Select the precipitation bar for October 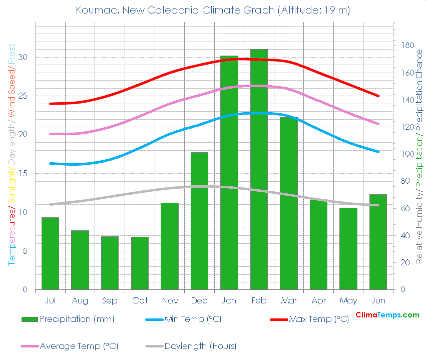pyautogui.click(x=140, y=263)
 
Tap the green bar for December pyautogui.click(x=199, y=221)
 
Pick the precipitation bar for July pyautogui.click(x=50, y=253)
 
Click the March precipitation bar pyautogui.click(x=289, y=203)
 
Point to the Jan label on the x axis pyautogui.click(x=229, y=300)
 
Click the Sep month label pyautogui.click(x=110, y=300)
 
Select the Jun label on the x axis pyautogui.click(x=378, y=300)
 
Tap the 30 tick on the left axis pyautogui.click(x=23, y=57)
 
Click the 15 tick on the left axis pyautogui.click(x=23, y=173)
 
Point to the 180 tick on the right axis pyautogui.click(x=407, y=45)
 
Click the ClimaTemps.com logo pyautogui.click(x=387, y=315)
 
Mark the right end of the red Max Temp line pyautogui.click(x=378, y=96)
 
